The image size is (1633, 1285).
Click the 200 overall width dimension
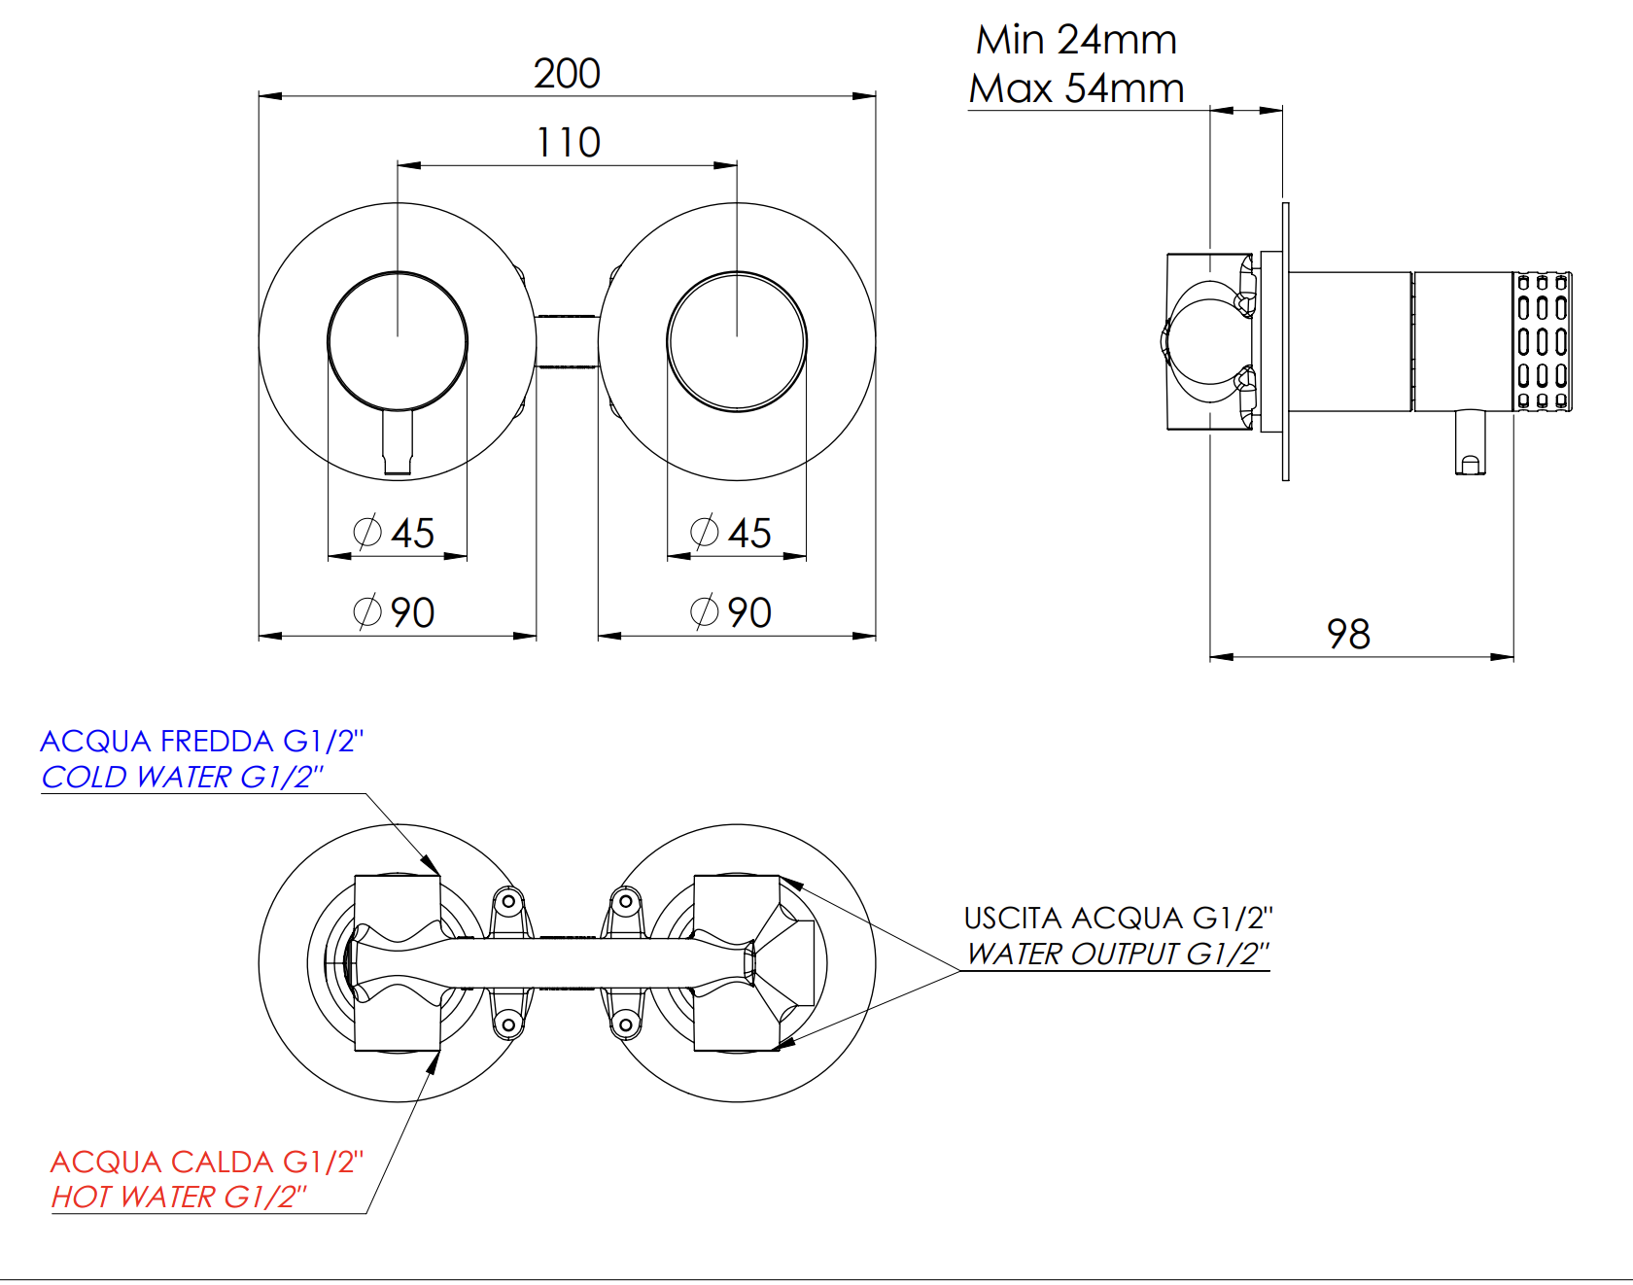click(x=567, y=74)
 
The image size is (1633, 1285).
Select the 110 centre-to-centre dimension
click(x=569, y=143)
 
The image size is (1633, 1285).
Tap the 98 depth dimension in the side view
click(x=1348, y=635)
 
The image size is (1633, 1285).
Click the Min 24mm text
click(x=1076, y=41)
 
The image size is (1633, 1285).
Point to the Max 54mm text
click(x=1076, y=89)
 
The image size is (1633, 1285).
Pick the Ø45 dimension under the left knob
click(x=394, y=533)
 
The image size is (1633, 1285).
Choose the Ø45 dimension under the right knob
click(x=731, y=533)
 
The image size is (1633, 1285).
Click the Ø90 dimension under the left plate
click(x=394, y=612)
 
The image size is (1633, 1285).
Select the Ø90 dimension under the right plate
click(x=731, y=612)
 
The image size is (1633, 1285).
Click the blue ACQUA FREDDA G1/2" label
click(x=201, y=742)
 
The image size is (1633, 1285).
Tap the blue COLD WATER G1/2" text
click(x=182, y=778)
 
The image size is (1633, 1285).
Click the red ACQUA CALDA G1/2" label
click(x=206, y=1163)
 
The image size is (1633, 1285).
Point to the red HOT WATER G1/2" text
click(x=179, y=1198)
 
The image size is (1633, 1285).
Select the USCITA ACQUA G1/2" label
click(x=1118, y=919)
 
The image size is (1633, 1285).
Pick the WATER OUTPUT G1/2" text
click(x=1118, y=955)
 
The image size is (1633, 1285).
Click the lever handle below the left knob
click(x=398, y=442)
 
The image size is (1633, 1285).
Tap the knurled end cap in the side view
click(x=1543, y=341)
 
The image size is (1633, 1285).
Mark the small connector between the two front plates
click(x=567, y=342)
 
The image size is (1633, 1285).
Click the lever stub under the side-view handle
click(x=1470, y=442)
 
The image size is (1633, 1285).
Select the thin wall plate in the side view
click(x=1285, y=341)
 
